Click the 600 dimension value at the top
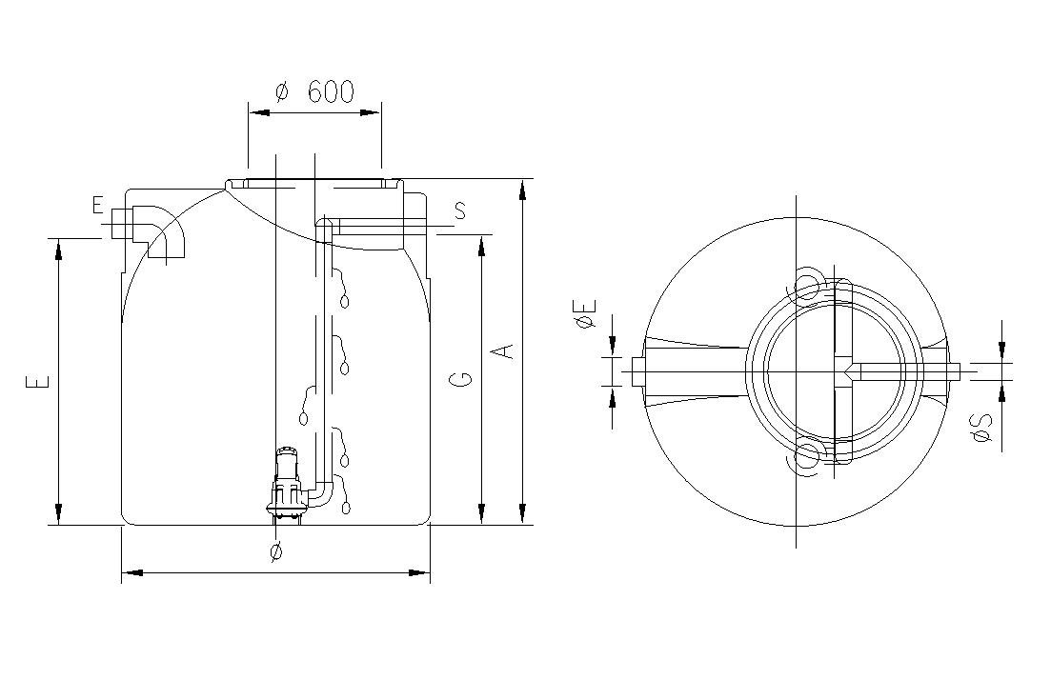[x=331, y=91]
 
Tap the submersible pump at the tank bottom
[x=287, y=484]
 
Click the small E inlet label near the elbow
[x=98, y=205]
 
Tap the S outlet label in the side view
[x=460, y=211]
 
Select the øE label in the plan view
[x=585, y=314]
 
